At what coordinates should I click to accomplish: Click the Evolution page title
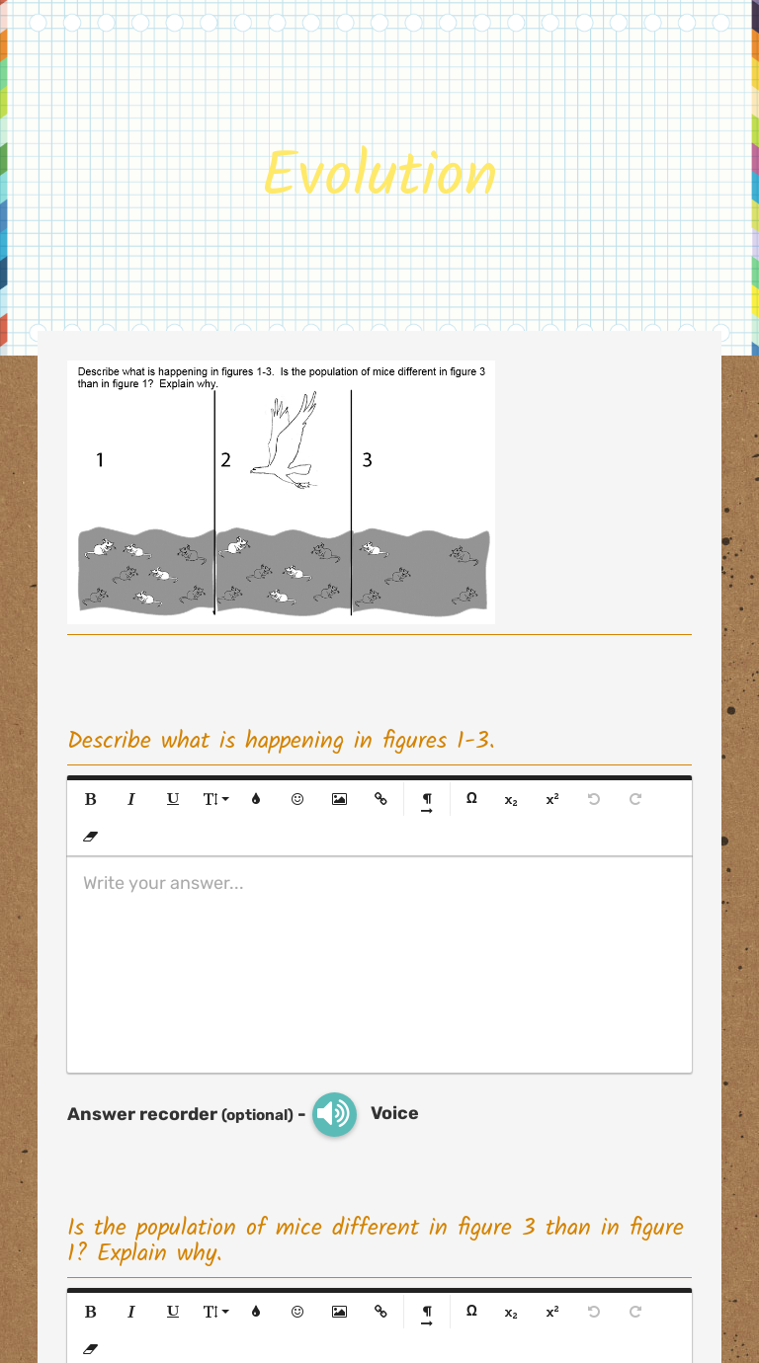[379, 173]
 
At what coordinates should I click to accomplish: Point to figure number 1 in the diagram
[100, 459]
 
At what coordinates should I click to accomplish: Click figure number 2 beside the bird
[225, 459]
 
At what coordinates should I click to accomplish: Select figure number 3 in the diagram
[367, 459]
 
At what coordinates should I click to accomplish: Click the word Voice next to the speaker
[394, 1113]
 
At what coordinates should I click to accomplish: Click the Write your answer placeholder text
[163, 883]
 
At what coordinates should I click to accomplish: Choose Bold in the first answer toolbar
[91, 799]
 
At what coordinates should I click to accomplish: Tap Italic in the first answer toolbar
[130, 799]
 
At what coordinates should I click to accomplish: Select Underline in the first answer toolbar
[173, 799]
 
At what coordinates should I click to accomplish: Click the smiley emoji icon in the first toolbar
[296, 799]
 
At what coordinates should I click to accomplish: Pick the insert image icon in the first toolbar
[339, 799]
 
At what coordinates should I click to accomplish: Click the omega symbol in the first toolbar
[471, 799]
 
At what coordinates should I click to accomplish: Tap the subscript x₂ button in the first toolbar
[511, 799]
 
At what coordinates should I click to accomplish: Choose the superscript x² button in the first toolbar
[551, 799]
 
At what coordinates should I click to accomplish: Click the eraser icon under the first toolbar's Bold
[91, 837]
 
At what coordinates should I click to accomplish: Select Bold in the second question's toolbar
[91, 1312]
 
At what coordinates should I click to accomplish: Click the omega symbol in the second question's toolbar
[471, 1312]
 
